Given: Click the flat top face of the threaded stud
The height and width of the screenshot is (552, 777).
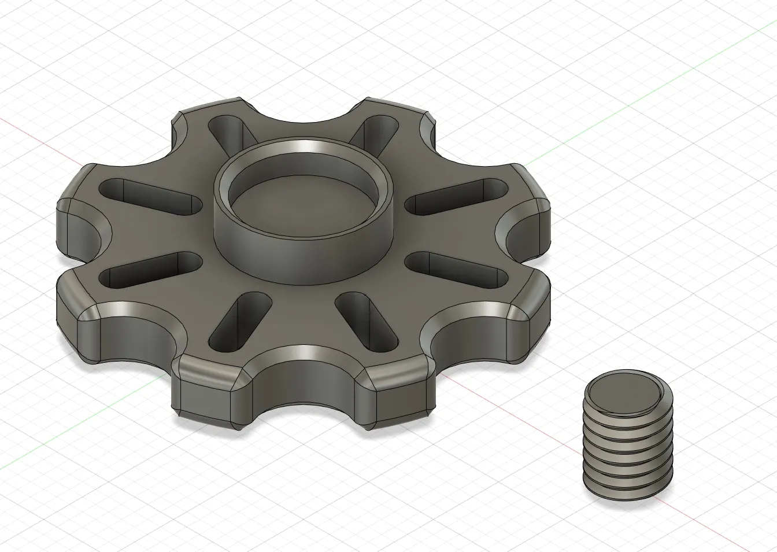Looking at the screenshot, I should click(627, 392).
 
